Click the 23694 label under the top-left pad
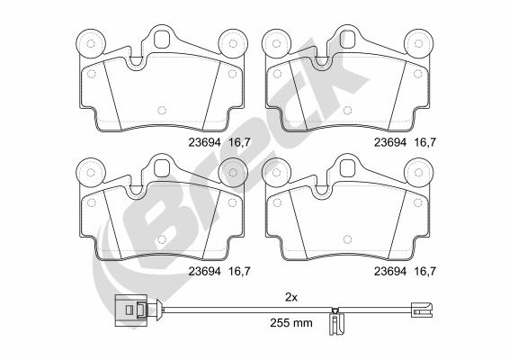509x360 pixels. pyautogui.click(x=204, y=142)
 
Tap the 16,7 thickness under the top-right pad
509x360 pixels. pyautogui.click(x=425, y=142)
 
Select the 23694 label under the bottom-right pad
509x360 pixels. pyautogui.click(x=390, y=271)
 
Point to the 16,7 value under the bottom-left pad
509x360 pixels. pyautogui.click(x=240, y=271)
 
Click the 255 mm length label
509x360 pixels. pyautogui.click(x=291, y=322)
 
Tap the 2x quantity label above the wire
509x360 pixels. pyautogui.click(x=291, y=297)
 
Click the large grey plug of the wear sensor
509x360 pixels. pyautogui.click(x=131, y=310)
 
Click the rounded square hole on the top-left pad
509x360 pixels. pyautogui.click(x=161, y=40)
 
